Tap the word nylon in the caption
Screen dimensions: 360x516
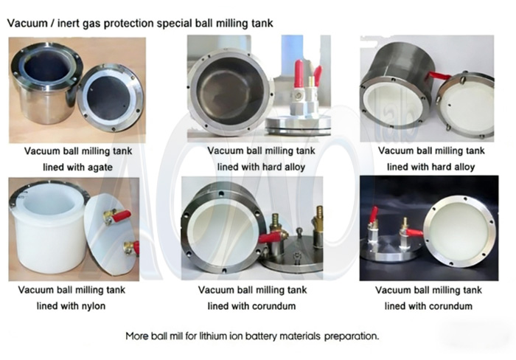click(94, 306)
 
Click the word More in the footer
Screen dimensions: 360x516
click(138, 336)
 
